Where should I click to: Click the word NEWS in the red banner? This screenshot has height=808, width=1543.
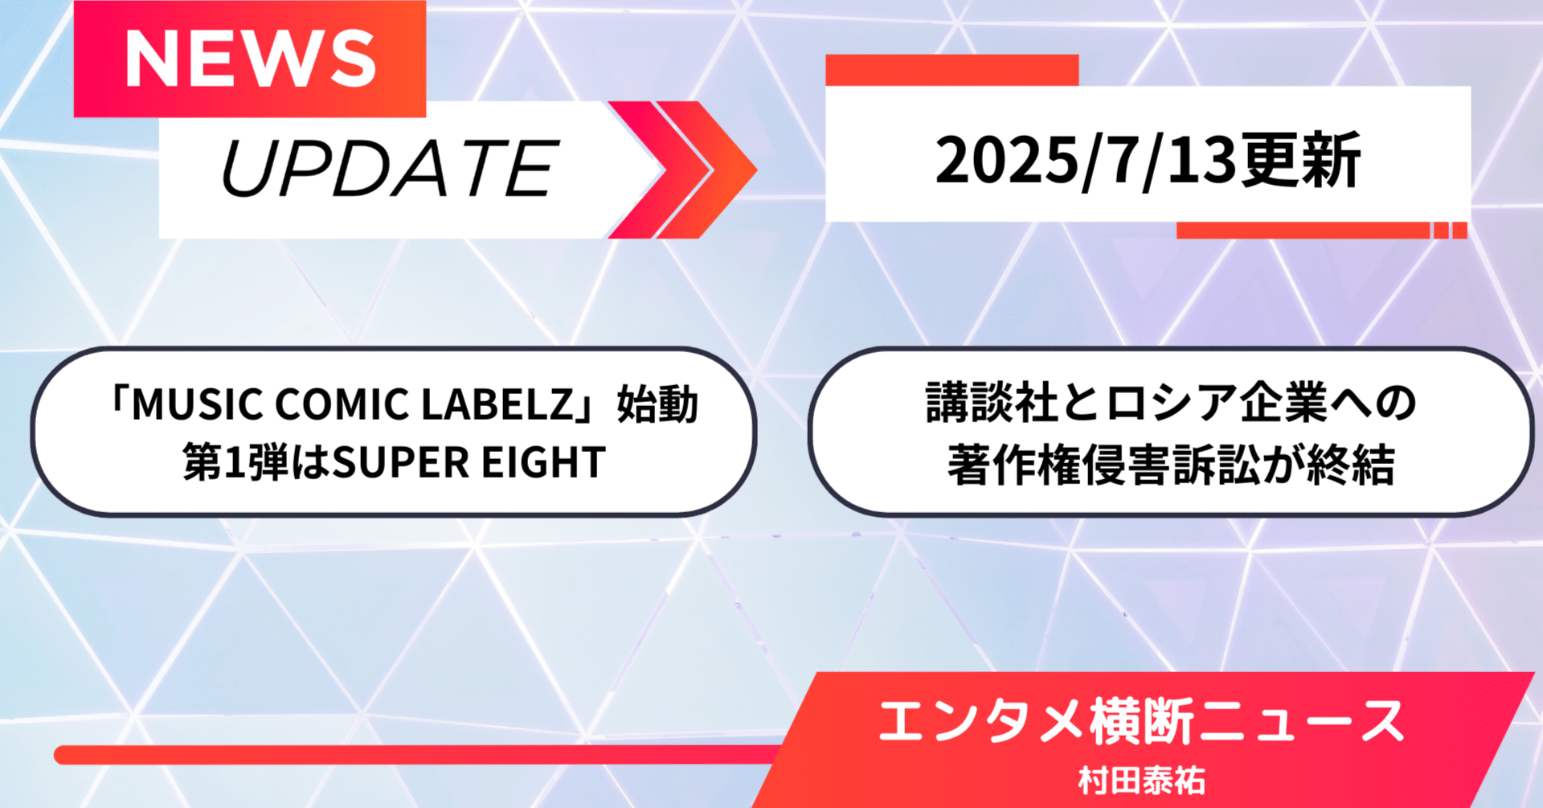coord(250,59)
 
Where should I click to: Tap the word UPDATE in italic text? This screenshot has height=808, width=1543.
coord(389,168)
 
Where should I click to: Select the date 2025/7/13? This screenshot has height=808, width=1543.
coord(1085,161)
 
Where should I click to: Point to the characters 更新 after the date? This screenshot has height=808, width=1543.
coord(1299,161)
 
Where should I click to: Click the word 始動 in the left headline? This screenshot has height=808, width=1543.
coord(657,404)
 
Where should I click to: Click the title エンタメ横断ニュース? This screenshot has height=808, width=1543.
coord(1141,721)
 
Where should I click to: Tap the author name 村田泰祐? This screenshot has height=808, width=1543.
coord(1142,781)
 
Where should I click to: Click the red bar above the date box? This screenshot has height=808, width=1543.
coord(952,70)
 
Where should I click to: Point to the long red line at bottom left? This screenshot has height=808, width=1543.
coord(418,755)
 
